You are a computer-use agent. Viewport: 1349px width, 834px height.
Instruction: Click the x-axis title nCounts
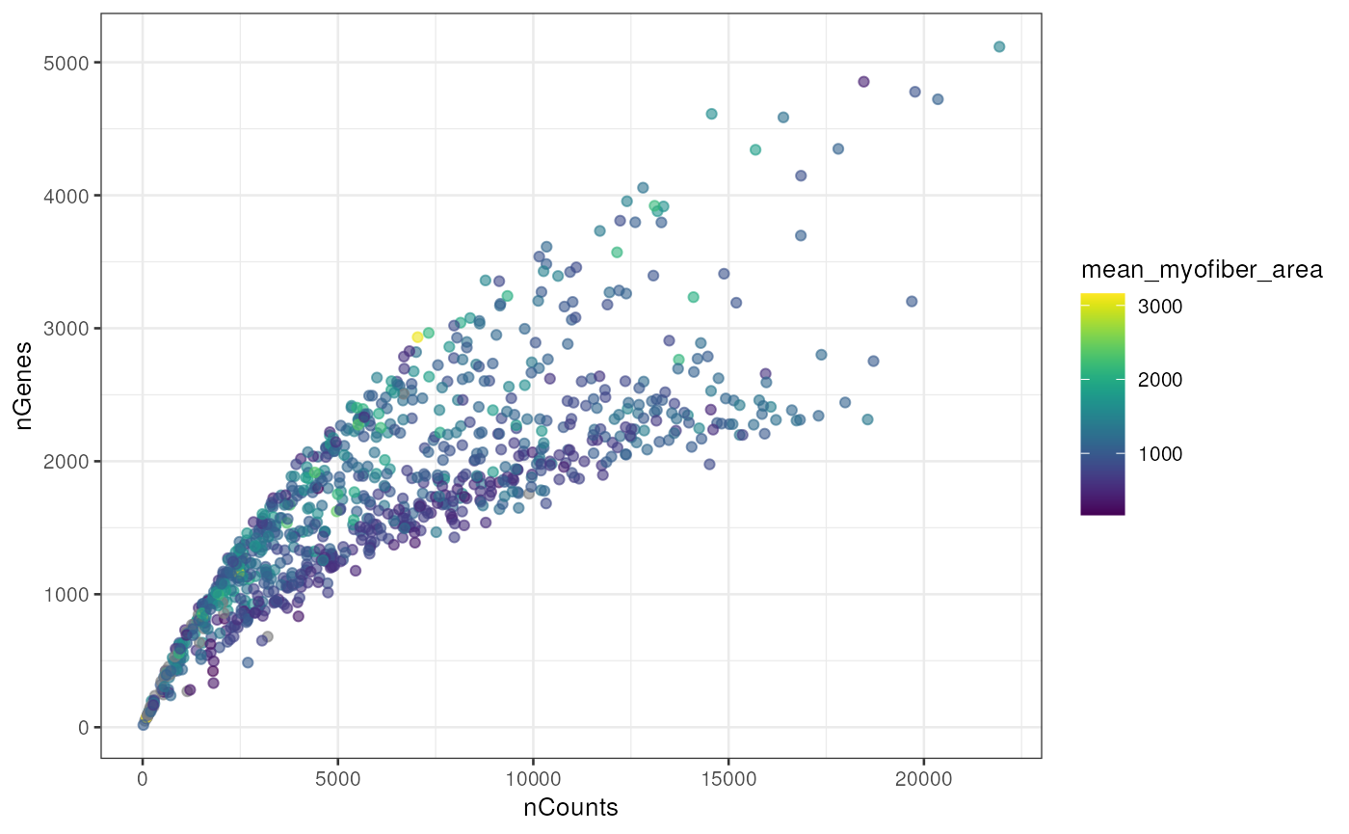click(570, 808)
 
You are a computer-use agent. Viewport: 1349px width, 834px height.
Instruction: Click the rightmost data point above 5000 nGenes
click(999, 46)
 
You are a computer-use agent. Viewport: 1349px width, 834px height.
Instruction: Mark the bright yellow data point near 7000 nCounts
click(417, 336)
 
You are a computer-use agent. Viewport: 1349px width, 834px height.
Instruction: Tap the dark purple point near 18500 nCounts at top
click(863, 81)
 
